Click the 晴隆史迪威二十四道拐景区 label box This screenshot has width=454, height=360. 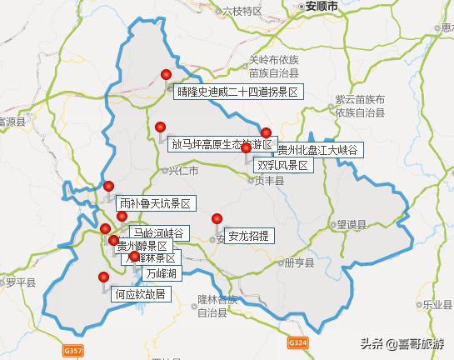click(237, 92)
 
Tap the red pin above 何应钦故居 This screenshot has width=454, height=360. click(104, 277)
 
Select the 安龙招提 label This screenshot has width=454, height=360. click(248, 236)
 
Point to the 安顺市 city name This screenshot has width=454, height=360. click(321, 6)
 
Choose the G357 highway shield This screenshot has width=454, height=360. click(74, 352)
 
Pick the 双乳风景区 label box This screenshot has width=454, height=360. click(282, 166)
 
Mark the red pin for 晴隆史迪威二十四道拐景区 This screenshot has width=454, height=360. click(167, 75)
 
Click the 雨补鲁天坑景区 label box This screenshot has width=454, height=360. click(155, 203)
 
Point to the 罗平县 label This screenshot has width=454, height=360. click(17, 282)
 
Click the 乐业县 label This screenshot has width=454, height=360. click(440, 306)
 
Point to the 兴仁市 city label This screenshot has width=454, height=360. click(183, 172)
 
